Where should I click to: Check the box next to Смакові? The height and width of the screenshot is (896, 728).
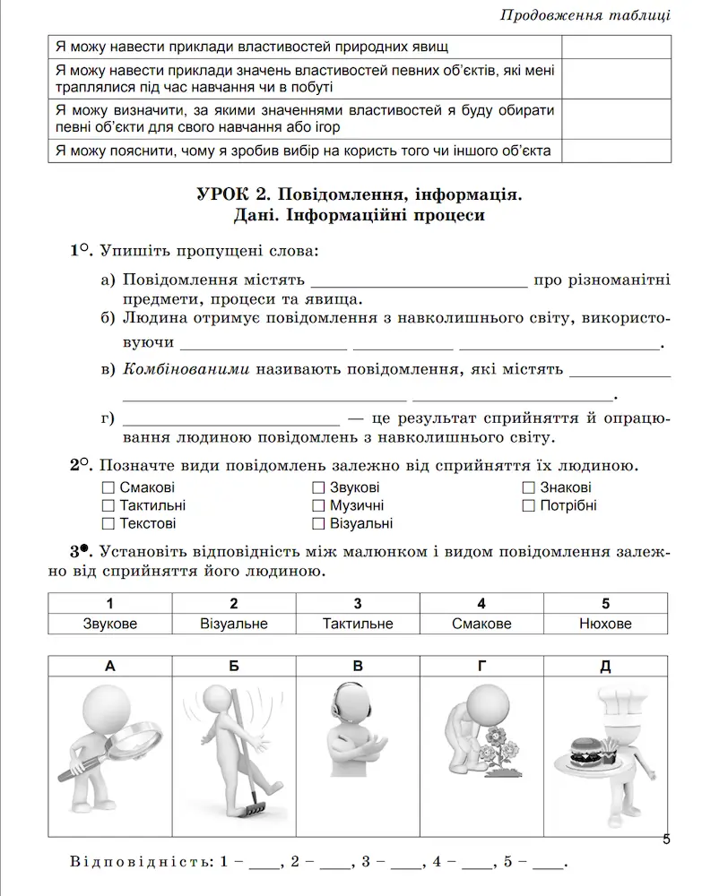tap(108, 488)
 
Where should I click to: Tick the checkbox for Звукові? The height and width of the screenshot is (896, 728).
tap(318, 488)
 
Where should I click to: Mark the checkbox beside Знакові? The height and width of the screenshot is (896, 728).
tap(529, 488)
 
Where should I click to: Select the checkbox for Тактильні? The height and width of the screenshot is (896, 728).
tap(108, 506)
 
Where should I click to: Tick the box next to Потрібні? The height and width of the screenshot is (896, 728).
tap(529, 506)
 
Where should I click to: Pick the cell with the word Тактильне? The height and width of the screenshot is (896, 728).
tap(358, 624)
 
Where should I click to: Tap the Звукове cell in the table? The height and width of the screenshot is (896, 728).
tap(109, 624)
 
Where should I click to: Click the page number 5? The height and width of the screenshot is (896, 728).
tap(665, 840)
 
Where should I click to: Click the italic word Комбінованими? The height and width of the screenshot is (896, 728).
tap(186, 368)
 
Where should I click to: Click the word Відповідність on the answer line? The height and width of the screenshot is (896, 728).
tap(142, 863)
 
